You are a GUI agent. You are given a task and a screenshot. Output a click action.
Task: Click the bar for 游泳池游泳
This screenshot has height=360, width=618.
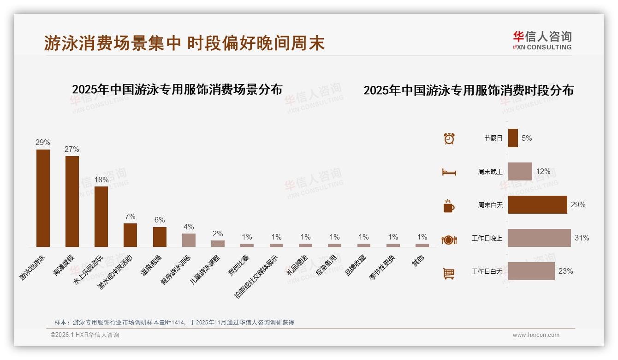coord(43,198)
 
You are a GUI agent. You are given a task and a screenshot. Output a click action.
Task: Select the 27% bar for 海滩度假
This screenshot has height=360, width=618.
coord(72,201)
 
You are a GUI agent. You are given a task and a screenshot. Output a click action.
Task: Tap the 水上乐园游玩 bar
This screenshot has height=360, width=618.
coord(101,216)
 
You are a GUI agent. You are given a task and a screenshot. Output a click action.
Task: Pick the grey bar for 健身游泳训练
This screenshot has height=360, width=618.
coord(189,240)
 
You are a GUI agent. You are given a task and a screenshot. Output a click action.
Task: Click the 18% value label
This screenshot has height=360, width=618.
coord(101,180)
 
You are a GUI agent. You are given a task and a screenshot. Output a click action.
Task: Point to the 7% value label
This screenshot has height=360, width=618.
coord(130,216)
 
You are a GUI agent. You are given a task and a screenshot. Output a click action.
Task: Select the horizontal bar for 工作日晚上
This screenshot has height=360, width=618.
coord(539,238)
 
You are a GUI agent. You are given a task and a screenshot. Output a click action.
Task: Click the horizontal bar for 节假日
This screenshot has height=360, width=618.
coord(513,138)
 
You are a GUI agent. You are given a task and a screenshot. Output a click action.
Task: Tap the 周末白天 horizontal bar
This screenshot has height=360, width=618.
coord(537,204)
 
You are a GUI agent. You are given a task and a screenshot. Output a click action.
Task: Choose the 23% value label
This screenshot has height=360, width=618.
coord(565,271)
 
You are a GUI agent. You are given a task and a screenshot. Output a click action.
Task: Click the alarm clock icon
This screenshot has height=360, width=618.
coord(449,138)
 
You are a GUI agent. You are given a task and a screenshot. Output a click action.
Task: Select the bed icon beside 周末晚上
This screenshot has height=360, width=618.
coord(449,172)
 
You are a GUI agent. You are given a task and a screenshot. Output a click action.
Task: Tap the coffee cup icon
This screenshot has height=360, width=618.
coord(449,206)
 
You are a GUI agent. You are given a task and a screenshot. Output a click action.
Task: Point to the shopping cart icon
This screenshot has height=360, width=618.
coord(449,273)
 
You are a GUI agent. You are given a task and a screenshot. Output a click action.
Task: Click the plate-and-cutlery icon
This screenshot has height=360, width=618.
coord(449,240)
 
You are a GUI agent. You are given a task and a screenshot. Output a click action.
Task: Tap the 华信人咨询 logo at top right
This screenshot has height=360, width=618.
coord(542,40)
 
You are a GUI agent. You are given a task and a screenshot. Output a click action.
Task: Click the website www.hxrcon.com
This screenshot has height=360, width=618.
coord(536,335)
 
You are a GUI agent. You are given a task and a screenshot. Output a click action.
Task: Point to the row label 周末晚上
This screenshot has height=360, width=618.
coord(490,172)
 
